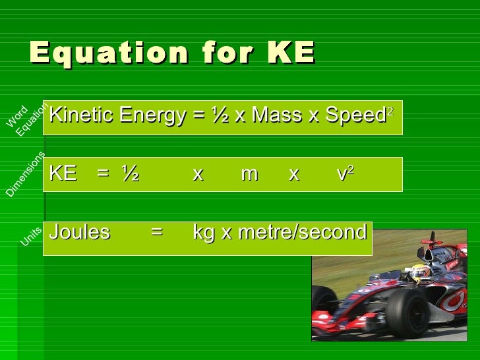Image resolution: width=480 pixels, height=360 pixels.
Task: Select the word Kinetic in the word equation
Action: point(75,116)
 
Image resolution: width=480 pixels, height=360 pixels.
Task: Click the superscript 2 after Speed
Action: point(390,112)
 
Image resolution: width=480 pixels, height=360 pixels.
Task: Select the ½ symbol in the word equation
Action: point(219,116)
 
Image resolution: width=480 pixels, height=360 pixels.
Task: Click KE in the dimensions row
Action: point(63,174)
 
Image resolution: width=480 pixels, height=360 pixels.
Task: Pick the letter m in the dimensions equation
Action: point(249,175)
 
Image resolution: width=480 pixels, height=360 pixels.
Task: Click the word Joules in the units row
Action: point(80,233)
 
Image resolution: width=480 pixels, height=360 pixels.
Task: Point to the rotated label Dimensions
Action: point(26,175)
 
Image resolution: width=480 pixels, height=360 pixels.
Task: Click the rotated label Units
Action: point(31,237)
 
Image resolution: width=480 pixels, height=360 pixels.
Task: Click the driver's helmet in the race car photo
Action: point(420,272)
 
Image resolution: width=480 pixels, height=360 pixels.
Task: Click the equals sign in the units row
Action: point(156,233)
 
